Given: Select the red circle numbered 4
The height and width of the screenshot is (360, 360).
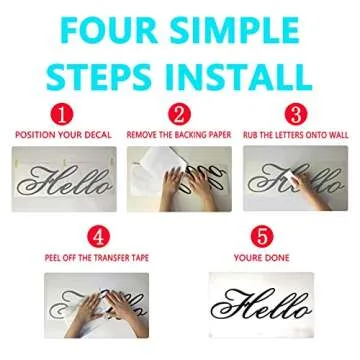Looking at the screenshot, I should pyautogui.click(x=98, y=238).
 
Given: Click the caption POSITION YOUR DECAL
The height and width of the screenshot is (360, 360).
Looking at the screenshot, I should pyautogui.click(x=62, y=134).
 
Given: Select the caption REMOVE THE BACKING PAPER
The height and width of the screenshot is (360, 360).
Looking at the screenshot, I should pyautogui.click(x=180, y=134).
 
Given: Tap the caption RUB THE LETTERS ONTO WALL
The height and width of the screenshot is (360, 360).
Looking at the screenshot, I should pyautogui.click(x=297, y=134).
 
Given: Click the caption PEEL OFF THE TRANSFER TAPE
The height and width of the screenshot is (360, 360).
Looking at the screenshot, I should pyautogui.click(x=98, y=257).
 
